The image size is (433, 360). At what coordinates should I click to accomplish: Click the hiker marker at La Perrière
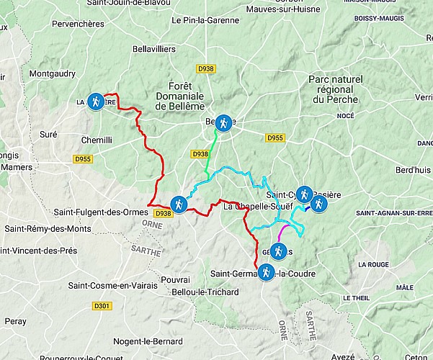(x=95, y=101)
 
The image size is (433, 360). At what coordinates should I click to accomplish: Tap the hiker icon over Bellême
(x=224, y=123)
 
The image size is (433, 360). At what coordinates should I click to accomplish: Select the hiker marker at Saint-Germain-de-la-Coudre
(x=267, y=272)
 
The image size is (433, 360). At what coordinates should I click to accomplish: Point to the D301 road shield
(x=102, y=306)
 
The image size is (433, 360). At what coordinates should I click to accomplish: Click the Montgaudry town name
(x=52, y=73)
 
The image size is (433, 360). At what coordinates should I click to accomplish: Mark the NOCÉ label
(x=345, y=115)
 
